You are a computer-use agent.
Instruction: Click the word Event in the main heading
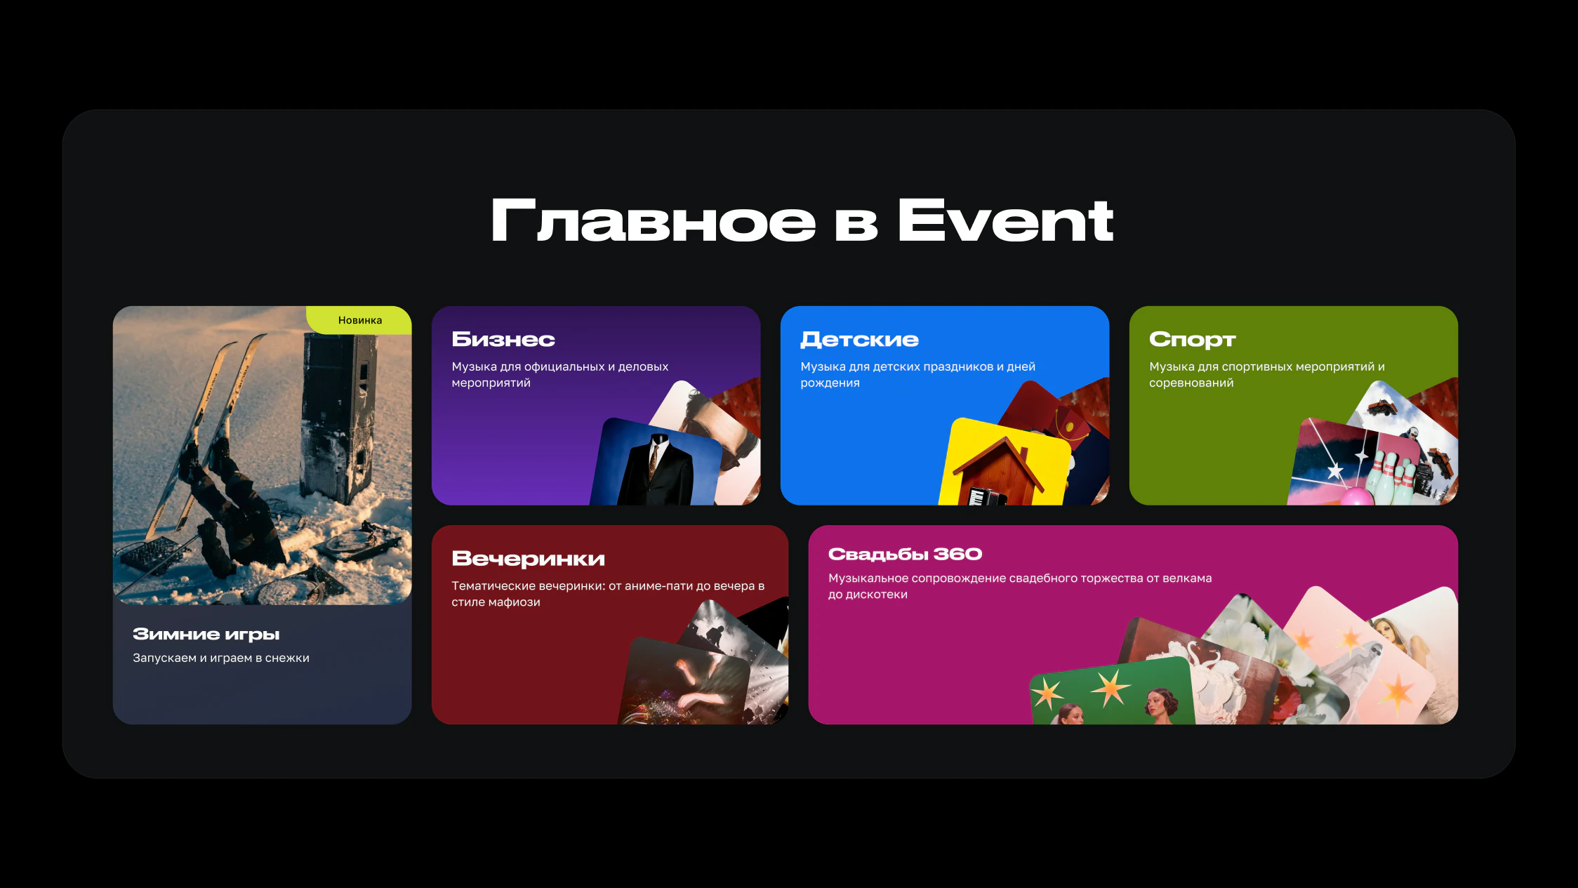click(x=1005, y=220)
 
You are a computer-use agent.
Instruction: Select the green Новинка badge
click(x=359, y=320)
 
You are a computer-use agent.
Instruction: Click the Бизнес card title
click(x=503, y=339)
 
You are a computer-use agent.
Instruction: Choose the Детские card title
click(x=859, y=340)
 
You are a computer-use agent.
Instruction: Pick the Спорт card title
click(x=1192, y=340)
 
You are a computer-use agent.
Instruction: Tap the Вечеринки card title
click(x=528, y=559)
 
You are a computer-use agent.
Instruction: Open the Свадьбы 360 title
click(x=905, y=554)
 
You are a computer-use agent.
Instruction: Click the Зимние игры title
click(x=206, y=635)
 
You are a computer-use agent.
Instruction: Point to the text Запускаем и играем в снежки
click(x=221, y=658)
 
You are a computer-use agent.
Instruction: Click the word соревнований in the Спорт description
click(x=1191, y=383)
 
